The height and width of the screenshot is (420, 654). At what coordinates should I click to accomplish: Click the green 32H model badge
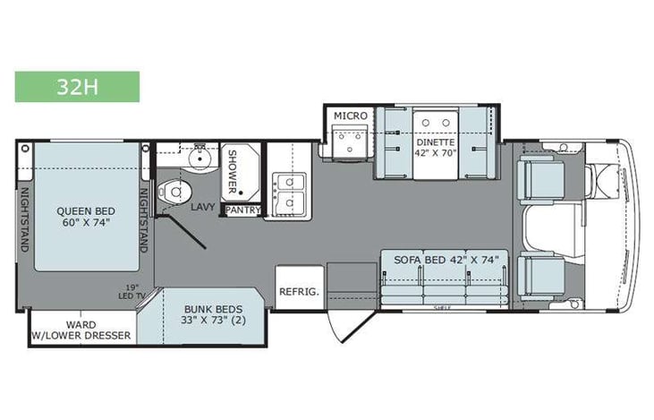coord(77,87)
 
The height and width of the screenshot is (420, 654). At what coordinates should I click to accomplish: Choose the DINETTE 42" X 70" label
coord(434,148)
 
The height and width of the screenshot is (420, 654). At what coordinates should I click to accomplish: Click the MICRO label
coord(347,116)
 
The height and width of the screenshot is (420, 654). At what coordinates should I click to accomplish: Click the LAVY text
coord(201,207)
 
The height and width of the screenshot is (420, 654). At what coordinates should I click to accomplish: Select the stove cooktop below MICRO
coord(346,141)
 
